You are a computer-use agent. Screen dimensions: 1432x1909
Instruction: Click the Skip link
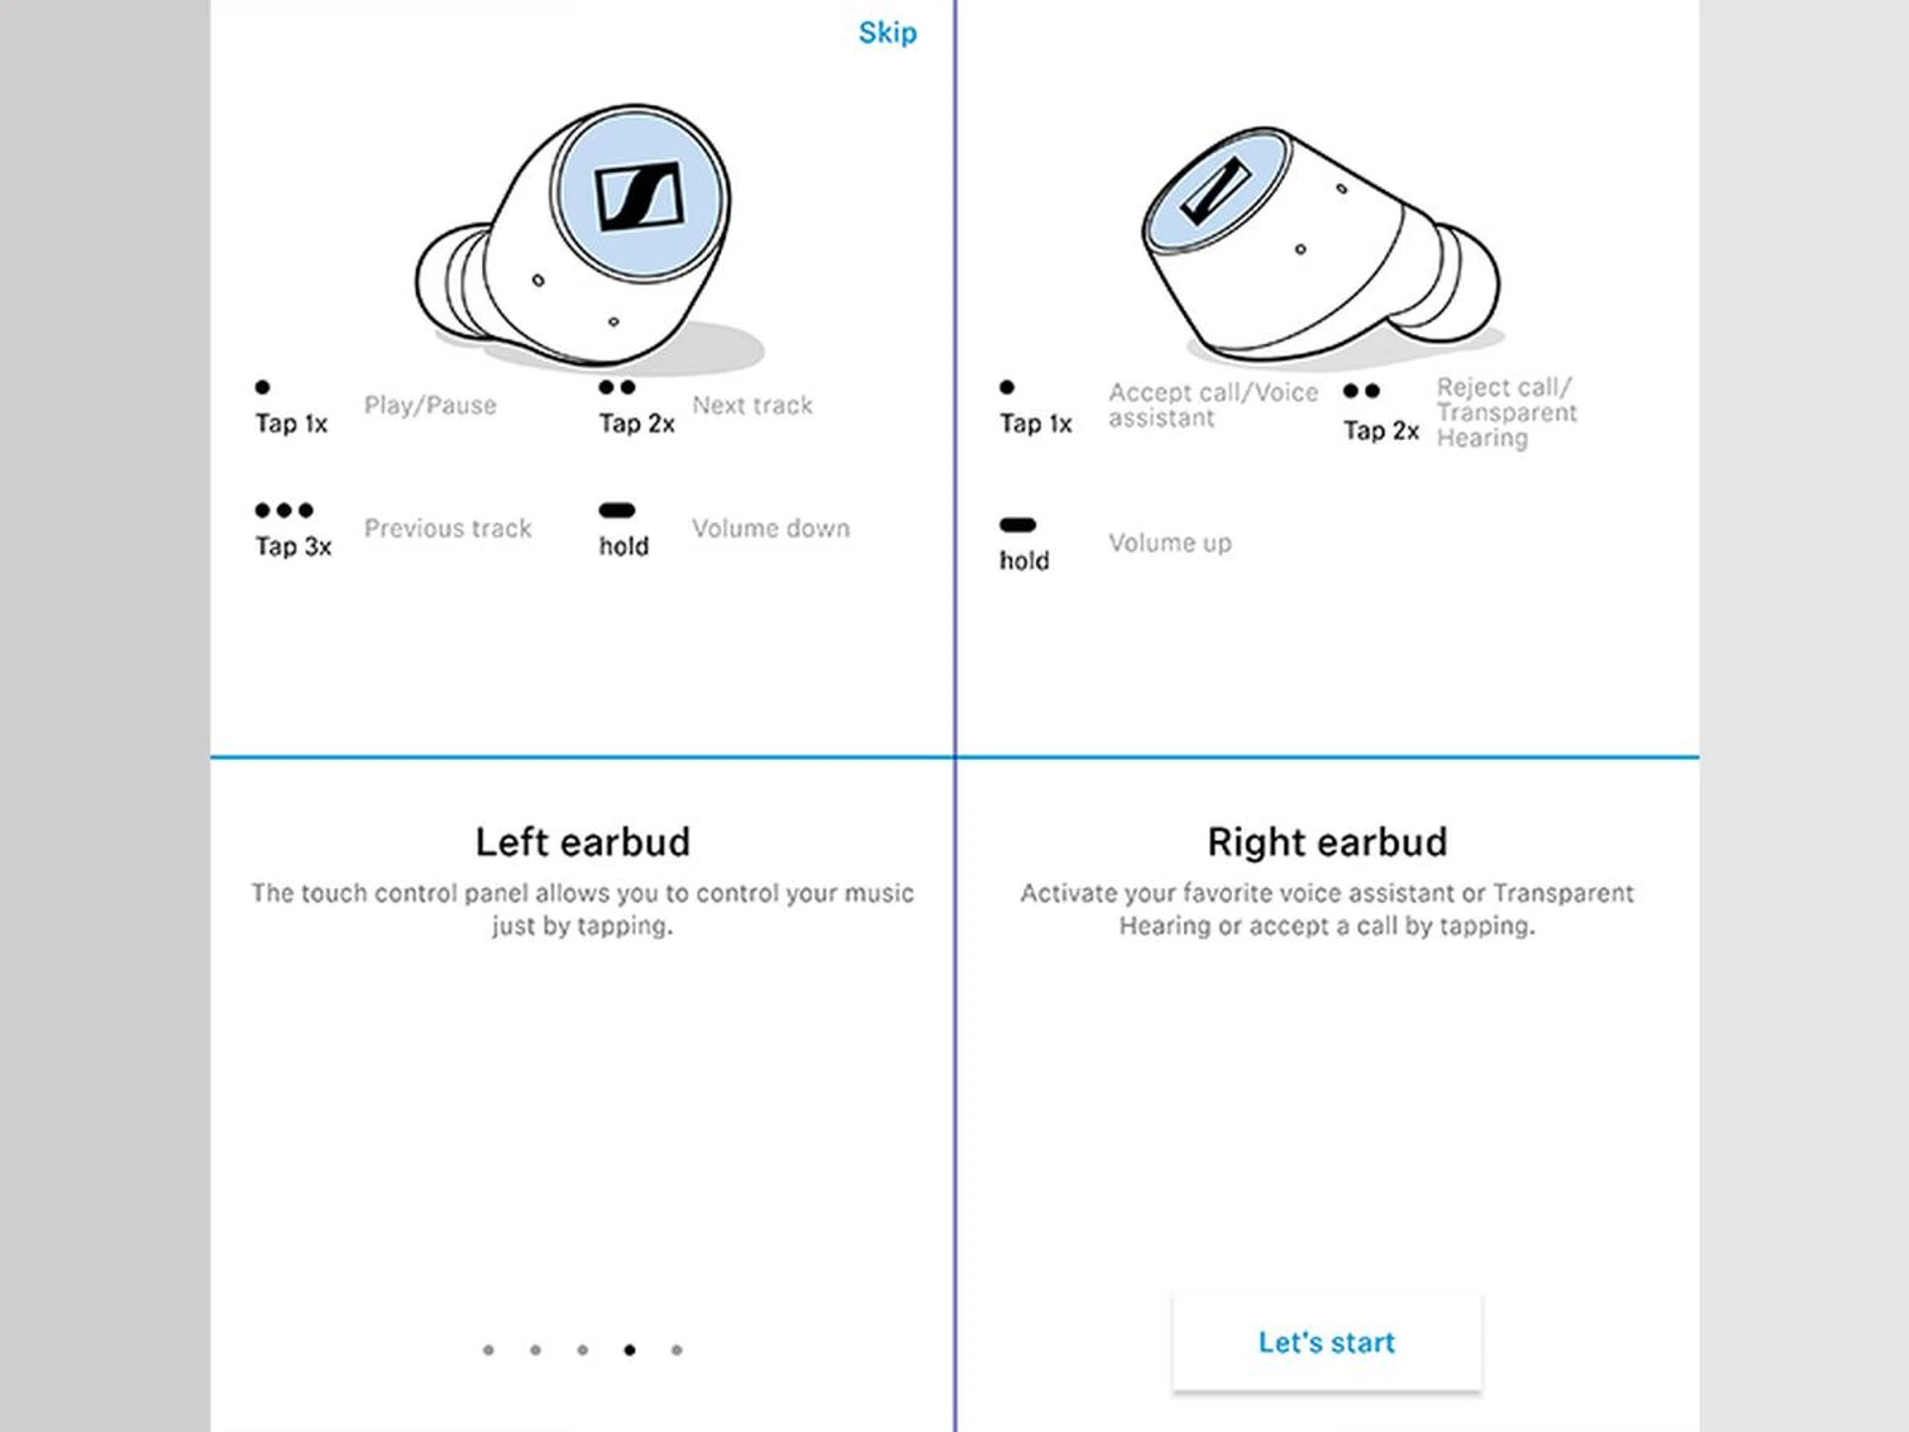(x=887, y=33)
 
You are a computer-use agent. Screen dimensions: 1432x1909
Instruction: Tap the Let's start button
(x=1326, y=1342)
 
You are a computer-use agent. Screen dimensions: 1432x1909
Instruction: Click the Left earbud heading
(x=583, y=842)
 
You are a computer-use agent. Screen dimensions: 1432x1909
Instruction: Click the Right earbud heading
(x=1327, y=842)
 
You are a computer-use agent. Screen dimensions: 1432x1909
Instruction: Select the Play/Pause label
(x=430, y=405)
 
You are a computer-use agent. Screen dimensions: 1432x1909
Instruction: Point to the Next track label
(x=752, y=405)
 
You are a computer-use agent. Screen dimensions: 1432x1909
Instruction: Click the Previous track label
(x=447, y=528)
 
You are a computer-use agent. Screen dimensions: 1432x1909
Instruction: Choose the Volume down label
(x=771, y=528)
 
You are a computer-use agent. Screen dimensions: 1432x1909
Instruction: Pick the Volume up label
(x=1169, y=543)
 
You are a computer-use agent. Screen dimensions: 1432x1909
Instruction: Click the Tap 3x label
(x=293, y=546)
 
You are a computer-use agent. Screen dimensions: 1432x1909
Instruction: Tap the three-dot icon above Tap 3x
(x=284, y=510)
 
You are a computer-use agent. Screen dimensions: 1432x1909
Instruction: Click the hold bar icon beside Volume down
(x=616, y=510)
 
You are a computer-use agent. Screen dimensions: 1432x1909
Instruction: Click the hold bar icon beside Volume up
(x=1017, y=524)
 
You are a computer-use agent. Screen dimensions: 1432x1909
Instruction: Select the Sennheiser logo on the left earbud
(x=639, y=196)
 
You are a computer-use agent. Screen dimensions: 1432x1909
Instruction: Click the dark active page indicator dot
(x=629, y=1349)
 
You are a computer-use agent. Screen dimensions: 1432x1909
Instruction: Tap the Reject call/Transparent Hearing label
(x=1506, y=412)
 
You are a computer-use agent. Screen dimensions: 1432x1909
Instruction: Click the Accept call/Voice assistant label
(x=1213, y=405)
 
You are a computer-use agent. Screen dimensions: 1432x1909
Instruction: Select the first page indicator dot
(x=488, y=1349)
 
